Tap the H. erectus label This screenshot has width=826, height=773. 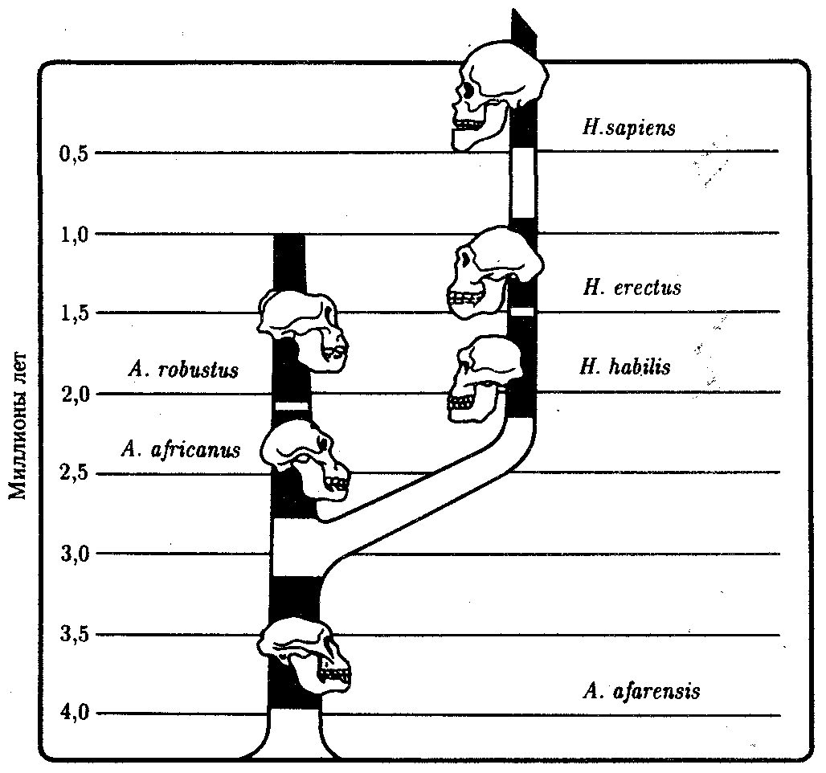click(x=632, y=287)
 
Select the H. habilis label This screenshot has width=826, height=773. click(x=624, y=367)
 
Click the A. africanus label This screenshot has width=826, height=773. click(x=182, y=449)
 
